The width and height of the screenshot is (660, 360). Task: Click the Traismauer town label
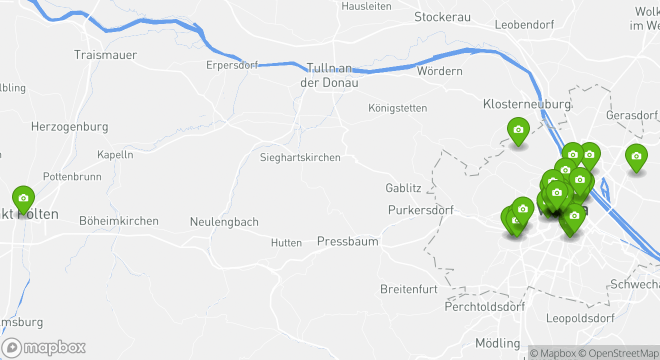[x=105, y=55]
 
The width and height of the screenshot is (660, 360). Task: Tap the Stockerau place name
[x=442, y=17]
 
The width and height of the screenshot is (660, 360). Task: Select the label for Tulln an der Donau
[x=329, y=75]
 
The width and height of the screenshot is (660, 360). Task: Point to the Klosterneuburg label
[x=526, y=104]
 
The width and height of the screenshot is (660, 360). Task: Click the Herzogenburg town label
[x=69, y=126]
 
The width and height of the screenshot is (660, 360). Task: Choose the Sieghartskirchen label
[x=300, y=157]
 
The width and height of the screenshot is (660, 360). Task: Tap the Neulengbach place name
[x=224, y=221]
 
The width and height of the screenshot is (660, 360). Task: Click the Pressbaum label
[x=347, y=241]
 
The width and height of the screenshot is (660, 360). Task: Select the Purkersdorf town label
[x=421, y=210]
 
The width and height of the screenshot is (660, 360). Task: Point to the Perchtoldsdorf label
[x=485, y=306]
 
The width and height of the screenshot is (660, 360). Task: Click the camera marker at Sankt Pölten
[x=23, y=198]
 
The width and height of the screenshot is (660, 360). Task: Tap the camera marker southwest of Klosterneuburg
[x=518, y=130]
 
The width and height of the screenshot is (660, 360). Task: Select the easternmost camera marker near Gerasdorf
[x=636, y=156]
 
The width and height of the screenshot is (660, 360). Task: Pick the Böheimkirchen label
[x=119, y=220]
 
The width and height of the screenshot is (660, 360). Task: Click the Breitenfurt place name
[x=409, y=289]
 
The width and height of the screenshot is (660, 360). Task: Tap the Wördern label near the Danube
[x=439, y=71]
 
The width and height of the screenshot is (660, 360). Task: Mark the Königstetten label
[x=397, y=108]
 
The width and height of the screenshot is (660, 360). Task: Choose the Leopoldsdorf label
[x=580, y=318]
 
